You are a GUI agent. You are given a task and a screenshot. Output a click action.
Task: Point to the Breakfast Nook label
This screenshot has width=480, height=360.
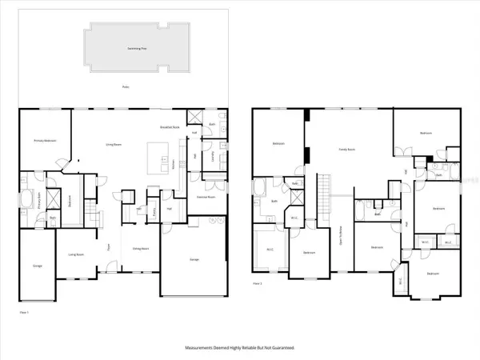(x=168, y=127)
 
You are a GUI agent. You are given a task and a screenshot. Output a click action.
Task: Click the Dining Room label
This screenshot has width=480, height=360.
(x=141, y=248)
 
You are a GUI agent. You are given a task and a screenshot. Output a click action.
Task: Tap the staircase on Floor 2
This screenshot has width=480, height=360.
(x=325, y=193)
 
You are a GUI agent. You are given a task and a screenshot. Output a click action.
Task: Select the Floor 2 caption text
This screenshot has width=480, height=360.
(x=258, y=283)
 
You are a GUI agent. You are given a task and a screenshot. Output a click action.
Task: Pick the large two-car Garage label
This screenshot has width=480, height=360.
(x=193, y=260)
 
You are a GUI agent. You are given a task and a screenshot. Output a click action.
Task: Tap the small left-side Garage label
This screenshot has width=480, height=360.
(x=37, y=265)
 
